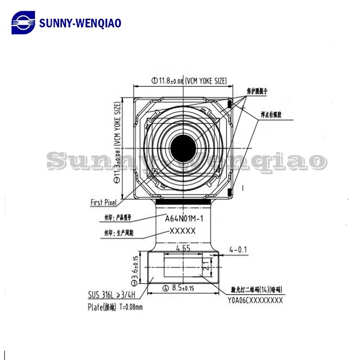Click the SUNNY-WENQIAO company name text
coord(80,23)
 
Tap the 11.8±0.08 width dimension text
coord(189,81)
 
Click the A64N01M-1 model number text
coord(184,218)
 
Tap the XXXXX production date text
coord(182,231)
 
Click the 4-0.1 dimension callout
coord(239,249)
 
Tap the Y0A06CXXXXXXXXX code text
coord(255,300)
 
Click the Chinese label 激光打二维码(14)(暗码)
coord(257,290)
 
